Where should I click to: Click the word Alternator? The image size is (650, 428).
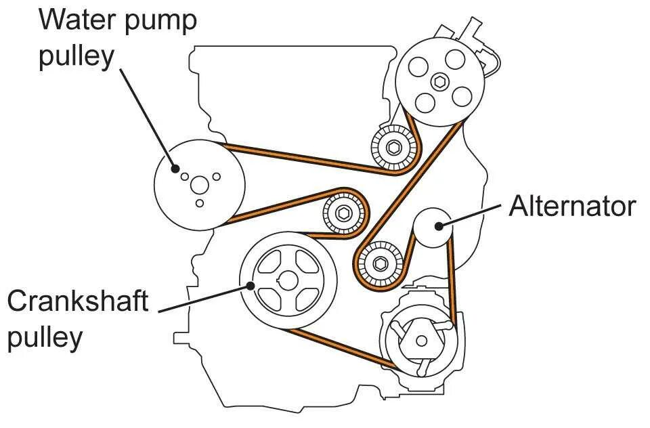click(572, 205)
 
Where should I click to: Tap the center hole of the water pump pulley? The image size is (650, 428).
click(198, 184)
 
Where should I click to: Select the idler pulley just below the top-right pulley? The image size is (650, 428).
click(395, 147)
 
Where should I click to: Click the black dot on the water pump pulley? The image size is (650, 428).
click(175, 168)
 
